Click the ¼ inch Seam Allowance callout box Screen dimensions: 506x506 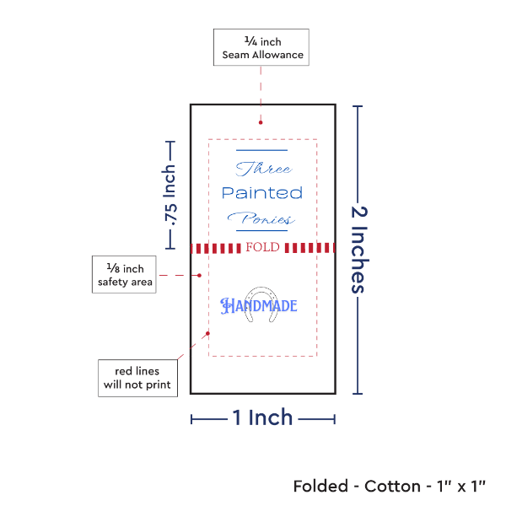click(261, 47)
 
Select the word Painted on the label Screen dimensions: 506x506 click(261, 193)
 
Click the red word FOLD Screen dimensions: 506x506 click(261, 248)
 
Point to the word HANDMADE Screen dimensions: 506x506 click(259, 305)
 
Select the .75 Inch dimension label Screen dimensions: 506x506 click(170, 196)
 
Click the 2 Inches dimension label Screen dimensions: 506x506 click(360, 249)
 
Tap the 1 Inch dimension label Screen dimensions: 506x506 click(262, 417)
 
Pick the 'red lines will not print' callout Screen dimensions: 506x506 click(136, 378)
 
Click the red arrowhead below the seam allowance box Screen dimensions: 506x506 click(261, 122)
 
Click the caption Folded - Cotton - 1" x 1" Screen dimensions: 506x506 click(389, 487)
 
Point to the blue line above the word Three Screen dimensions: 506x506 click(262, 151)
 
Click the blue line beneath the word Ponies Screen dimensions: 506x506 click(262, 230)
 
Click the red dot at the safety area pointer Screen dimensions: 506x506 click(199, 275)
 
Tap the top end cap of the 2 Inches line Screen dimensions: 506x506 click(358, 105)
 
